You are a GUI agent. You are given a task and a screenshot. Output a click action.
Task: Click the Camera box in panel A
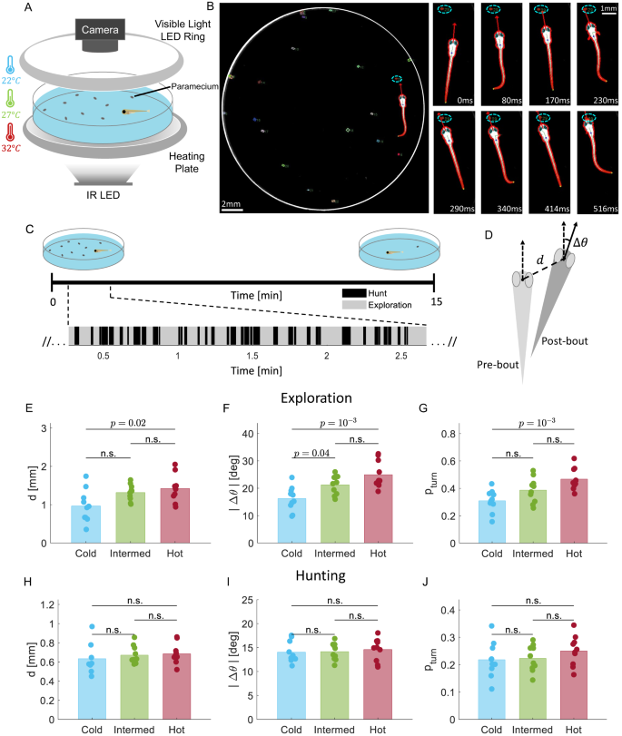tap(100, 30)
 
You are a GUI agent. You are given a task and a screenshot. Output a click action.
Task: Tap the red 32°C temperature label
tap(11, 148)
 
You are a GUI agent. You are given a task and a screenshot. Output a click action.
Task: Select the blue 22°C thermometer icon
tap(10, 64)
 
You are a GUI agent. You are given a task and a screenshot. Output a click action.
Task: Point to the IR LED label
tap(103, 195)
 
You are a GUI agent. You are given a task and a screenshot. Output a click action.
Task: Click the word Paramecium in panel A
tap(194, 86)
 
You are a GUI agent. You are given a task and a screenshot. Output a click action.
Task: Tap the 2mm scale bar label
tap(232, 203)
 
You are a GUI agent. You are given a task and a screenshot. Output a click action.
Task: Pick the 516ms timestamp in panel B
tap(605, 209)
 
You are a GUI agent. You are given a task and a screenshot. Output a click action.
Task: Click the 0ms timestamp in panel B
tap(465, 101)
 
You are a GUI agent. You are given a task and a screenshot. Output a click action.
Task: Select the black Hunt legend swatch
tap(354, 293)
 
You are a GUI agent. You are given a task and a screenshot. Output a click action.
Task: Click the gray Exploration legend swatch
tap(354, 305)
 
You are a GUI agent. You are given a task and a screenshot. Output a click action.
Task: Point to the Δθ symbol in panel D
tap(580, 242)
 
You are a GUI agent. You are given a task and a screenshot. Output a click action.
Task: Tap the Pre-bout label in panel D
tap(498, 365)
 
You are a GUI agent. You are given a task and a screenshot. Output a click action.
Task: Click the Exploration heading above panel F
tap(316, 398)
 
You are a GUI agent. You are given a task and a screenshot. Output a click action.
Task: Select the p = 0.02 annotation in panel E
tap(128, 423)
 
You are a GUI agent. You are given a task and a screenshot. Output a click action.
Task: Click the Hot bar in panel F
tap(378, 509)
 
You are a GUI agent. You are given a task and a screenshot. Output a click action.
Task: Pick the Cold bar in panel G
tap(492, 522)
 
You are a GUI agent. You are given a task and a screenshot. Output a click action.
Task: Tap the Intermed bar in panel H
tap(134, 687)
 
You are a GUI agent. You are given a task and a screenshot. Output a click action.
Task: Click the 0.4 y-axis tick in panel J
tap(448, 610)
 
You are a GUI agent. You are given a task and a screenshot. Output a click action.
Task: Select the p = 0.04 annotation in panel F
tap(311, 453)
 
